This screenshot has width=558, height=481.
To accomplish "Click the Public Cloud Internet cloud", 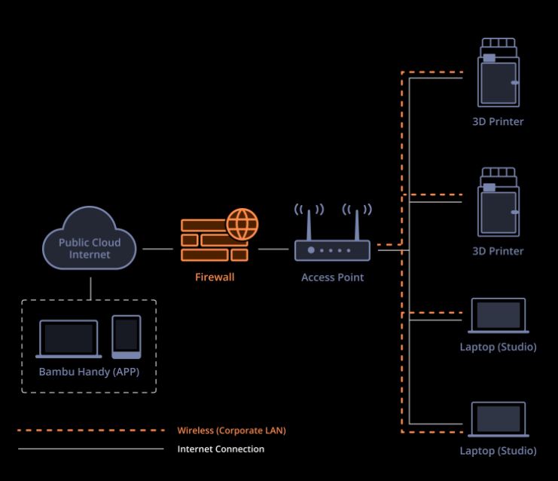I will [x=90, y=239].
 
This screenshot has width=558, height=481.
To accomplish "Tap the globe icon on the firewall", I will [x=242, y=225].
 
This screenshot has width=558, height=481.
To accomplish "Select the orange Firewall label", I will [x=215, y=277].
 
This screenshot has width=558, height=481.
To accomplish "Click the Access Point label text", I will [x=332, y=277].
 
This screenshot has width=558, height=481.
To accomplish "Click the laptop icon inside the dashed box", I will [x=69, y=339].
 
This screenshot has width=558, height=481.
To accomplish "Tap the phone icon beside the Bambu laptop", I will [x=126, y=336].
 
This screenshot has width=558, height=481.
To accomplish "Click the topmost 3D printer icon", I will [x=498, y=74].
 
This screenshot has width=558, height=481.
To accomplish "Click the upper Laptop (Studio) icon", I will [x=499, y=316].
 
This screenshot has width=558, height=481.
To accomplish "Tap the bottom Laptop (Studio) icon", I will [x=499, y=420].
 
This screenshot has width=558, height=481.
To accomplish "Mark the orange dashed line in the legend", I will [x=90, y=430].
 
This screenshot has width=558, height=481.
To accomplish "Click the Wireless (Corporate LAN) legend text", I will [x=231, y=431].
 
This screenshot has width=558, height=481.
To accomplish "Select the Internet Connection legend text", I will [x=221, y=449].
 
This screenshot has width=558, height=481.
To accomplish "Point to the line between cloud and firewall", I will [x=157, y=248].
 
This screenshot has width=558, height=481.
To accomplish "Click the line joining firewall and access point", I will [x=273, y=248].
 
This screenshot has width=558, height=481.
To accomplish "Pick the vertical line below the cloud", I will [x=90, y=287].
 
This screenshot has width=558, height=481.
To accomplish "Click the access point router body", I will [x=332, y=250].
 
